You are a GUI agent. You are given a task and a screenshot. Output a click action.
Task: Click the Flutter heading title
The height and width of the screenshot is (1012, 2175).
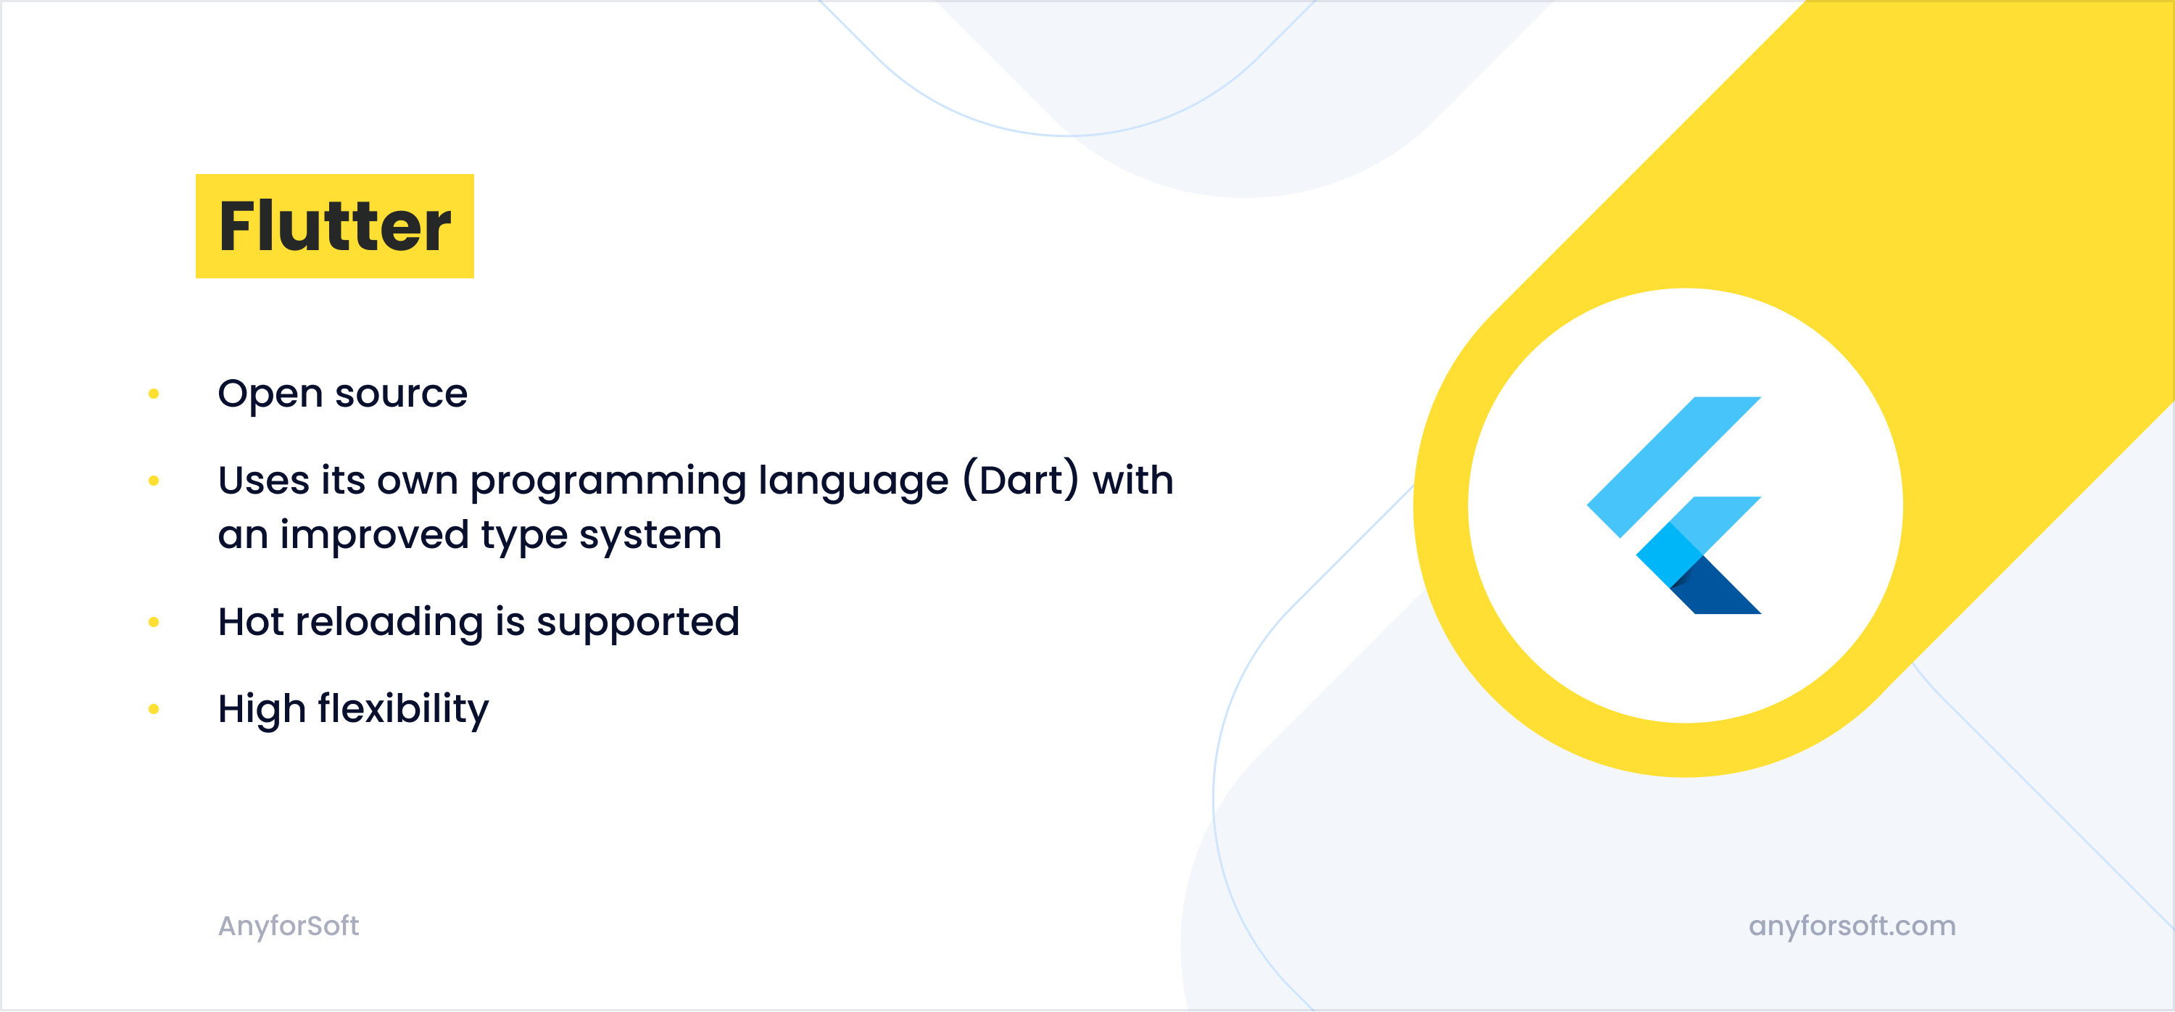pos(335,226)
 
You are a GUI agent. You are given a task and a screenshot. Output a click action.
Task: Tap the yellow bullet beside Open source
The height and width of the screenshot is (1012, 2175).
pos(154,394)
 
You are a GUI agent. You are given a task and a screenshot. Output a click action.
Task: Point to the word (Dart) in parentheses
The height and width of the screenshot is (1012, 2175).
pos(1021,480)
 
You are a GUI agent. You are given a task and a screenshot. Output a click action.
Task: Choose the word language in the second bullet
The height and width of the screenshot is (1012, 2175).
pos(853,482)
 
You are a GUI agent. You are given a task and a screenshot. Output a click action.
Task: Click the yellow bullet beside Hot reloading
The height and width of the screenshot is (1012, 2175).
pos(154,622)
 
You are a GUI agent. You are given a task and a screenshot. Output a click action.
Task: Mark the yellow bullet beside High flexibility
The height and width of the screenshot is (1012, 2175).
pos(154,709)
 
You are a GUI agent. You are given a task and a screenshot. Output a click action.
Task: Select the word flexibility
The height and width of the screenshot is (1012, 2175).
pos(404,710)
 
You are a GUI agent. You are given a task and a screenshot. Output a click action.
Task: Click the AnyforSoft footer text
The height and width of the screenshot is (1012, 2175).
pos(289,926)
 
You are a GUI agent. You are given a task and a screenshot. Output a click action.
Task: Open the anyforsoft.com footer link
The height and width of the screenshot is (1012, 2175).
pos(1852,926)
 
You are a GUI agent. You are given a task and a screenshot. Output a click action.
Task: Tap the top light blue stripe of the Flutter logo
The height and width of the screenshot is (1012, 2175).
pos(1674,467)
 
